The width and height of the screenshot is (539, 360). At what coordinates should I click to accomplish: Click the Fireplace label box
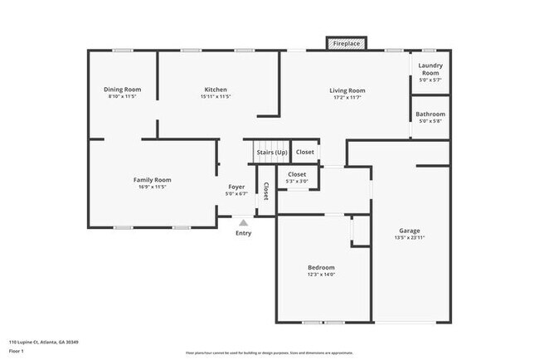347,42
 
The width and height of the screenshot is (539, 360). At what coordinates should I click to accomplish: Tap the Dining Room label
122,90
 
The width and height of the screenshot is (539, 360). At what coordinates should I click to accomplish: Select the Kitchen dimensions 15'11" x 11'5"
216,97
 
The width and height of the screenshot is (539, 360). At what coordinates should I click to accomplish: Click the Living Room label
347,90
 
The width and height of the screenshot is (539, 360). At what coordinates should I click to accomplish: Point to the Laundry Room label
430,69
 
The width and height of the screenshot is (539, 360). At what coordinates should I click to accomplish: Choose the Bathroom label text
430,114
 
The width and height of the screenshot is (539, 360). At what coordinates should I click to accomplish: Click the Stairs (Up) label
271,153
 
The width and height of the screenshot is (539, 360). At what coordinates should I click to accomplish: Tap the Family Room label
152,180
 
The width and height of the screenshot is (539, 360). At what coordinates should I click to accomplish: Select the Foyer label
236,187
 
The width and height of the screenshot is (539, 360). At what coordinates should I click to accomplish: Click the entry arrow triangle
243,222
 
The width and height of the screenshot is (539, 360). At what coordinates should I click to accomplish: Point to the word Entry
243,233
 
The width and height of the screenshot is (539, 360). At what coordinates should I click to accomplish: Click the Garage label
410,231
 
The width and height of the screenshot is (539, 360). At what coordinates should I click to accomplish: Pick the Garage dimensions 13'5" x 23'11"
410,238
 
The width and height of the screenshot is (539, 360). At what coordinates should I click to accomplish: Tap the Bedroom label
321,267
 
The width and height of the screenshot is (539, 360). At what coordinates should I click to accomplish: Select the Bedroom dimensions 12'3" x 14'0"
321,275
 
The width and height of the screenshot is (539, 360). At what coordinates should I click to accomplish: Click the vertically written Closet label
266,192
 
